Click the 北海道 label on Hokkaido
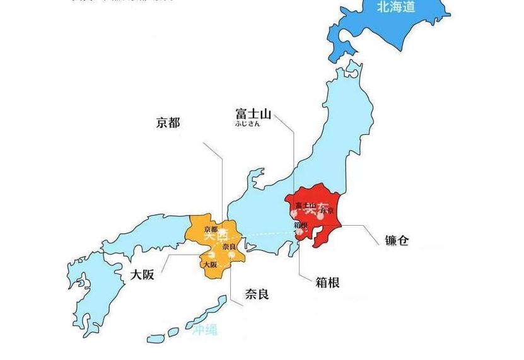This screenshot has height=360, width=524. pyautogui.click(x=396, y=7)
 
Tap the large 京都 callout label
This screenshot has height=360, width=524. pyautogui.click(x=168, y=122)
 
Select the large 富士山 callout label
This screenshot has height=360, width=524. pyautogui.click(x=253, y=114)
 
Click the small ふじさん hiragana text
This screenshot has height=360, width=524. pyautogui.click(x=247, y=125)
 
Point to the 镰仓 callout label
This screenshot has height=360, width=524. pyautogui.click(x=397, y=240)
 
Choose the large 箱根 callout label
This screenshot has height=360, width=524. pyautogui.click(x=327, y=282)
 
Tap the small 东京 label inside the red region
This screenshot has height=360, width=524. pyautogui.click(x=326, y=211)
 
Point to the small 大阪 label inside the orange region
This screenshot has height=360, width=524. pyautogui.click(x=210, y=265)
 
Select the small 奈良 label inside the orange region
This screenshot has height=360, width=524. pyautogui.click(x=230, y=247)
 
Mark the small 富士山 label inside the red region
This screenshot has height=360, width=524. pyautogui.click(x=305, y=205)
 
